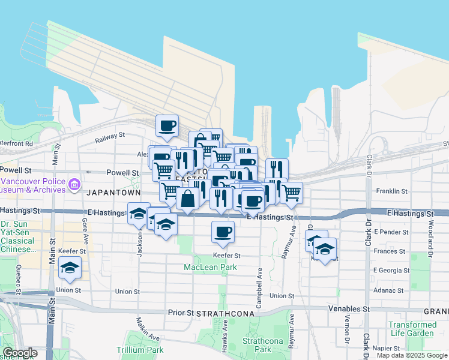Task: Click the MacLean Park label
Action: tap(211, 266)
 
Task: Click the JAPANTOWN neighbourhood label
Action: tap(113, 193)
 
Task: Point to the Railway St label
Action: tap(110, 139)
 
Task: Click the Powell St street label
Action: tap(122, 172)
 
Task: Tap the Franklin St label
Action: tap(391, 191)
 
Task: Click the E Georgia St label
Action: tap(391, 270)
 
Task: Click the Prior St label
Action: tap(181, 313)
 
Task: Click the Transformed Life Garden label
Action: tap(411, 329)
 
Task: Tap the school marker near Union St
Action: tap(70, 269)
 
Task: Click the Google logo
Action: tap(20, 353)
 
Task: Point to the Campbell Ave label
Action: tap(259, 289)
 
